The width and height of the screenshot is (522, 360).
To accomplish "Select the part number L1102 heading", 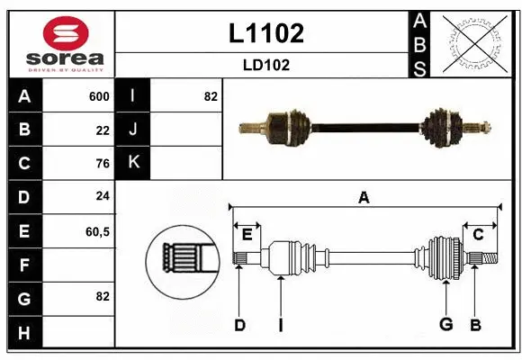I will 265,33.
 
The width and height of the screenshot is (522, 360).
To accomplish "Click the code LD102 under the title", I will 265,66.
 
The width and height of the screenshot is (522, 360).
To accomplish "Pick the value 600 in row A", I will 98,96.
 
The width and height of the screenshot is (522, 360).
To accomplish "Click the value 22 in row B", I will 103,130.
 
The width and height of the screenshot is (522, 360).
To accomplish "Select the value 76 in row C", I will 103,164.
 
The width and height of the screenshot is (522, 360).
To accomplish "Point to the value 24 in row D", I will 103,197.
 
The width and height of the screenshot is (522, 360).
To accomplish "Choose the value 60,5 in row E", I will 97,231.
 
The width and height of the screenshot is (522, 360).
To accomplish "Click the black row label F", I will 24,265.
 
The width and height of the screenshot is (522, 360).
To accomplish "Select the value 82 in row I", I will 210,96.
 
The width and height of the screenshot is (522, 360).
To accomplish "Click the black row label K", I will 133,164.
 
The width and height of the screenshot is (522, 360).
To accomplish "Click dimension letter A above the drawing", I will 364,198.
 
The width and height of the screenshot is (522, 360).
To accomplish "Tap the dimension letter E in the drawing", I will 247,234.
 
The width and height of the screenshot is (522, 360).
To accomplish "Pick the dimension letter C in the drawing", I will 478,234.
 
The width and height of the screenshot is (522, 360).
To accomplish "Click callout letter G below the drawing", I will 445,325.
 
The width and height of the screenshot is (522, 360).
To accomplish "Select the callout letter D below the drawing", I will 239,325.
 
